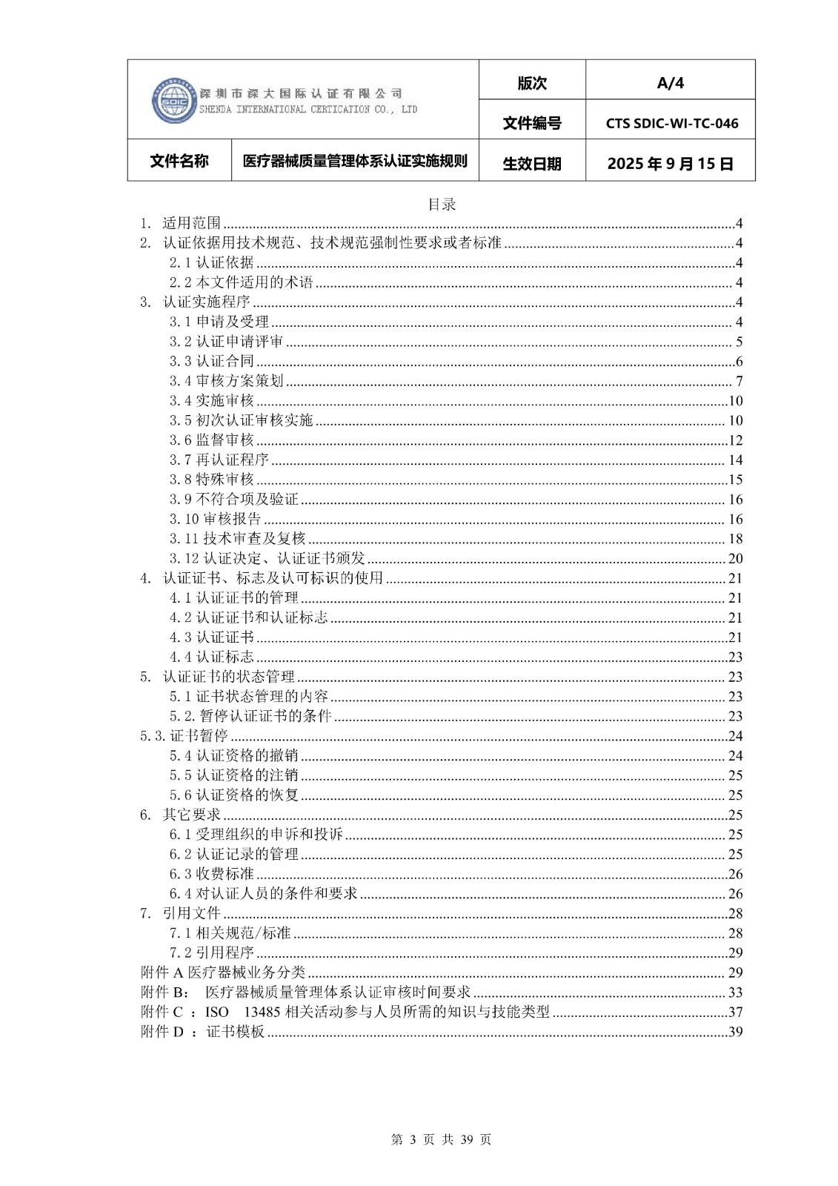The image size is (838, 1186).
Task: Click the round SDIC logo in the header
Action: [173, 100]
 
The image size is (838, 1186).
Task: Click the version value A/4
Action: [670, 83]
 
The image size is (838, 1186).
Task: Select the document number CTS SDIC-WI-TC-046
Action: [671, 123]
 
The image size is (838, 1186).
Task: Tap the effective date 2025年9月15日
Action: [670, 164]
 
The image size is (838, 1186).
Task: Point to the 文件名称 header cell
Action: [179, 161]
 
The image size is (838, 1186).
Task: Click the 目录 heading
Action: [442, 205]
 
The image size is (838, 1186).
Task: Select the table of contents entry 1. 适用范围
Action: [182, 223]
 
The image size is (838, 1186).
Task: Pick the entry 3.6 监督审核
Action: [211, 440]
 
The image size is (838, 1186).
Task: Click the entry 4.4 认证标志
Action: [211, 657]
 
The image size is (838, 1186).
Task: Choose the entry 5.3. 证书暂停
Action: [184, 736]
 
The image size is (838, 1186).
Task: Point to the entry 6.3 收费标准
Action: [211, 874]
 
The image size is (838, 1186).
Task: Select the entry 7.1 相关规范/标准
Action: [230, 933]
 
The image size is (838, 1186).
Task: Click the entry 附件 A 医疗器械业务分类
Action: [222, 973]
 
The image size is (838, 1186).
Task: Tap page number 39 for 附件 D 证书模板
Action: [735, 1032]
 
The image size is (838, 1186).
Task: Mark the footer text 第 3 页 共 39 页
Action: [441, 1139]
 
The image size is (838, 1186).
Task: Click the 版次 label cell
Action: [532, 83]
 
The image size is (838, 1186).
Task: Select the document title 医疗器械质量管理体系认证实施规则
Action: [355, 161]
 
